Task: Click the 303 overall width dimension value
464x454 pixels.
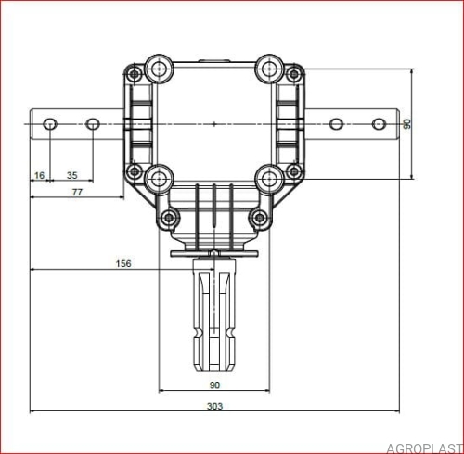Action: tap(214, 406)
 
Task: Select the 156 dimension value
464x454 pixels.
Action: tap(123, 263)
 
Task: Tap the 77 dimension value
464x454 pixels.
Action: tap(77, 192)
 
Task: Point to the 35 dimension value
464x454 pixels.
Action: tap(71, 175)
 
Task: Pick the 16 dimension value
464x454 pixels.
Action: tap(39, 175)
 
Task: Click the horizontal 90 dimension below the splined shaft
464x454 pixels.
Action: tap(214, 385)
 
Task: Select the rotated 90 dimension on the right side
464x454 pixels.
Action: tap(407, 124)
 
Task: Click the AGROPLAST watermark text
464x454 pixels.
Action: tap(424, 448)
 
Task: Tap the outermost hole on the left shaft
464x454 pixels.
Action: tap(50, 124)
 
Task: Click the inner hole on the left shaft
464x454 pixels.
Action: tap(92, 124)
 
